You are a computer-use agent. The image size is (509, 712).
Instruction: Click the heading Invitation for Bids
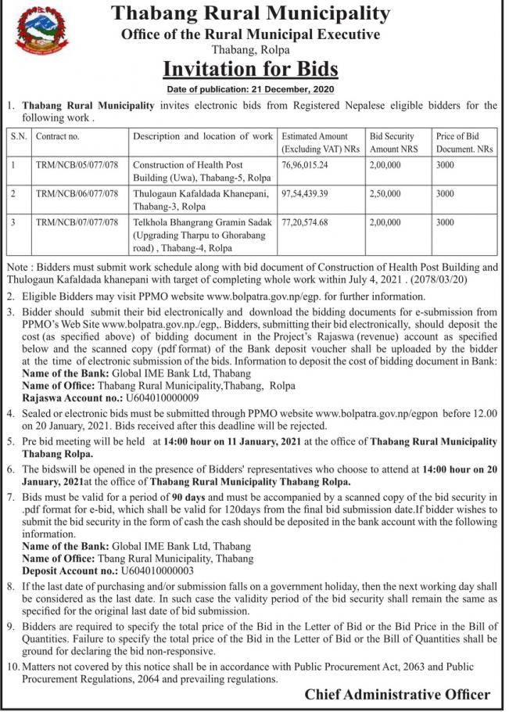(250, 69)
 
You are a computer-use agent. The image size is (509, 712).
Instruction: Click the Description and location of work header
(203, 135)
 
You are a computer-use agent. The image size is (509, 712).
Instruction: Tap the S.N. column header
(19, 135)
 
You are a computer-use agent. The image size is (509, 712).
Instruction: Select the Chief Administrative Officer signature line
(397, 694)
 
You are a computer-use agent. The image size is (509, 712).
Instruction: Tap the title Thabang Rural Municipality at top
(250, 13)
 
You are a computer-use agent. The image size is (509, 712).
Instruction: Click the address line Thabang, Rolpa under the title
(250, 49)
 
